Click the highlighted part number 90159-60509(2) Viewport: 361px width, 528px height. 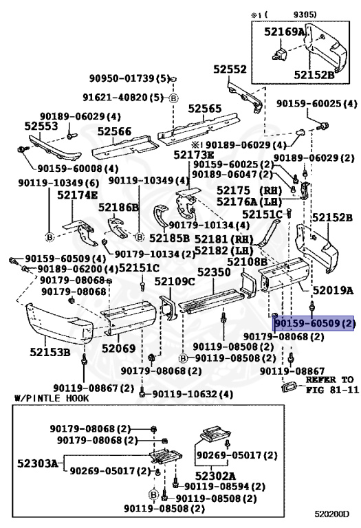[314, 322]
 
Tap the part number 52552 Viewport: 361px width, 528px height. [229, 69]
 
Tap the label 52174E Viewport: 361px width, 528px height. [77, 195]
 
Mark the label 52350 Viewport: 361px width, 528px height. [214, 272]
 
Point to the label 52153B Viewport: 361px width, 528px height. [50, 353]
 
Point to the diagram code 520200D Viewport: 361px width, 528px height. [332, 514]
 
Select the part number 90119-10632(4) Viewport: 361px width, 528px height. [193, 394]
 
